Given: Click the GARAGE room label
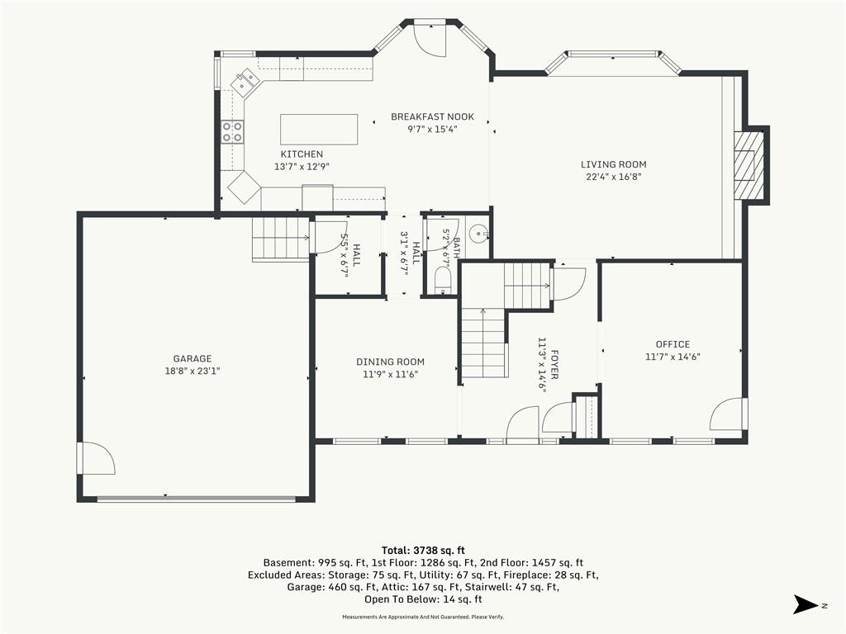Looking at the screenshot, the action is click(192, 358).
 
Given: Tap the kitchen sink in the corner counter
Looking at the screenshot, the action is click(244, 82).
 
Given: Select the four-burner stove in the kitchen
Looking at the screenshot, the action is click(232, 131).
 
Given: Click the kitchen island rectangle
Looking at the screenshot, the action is click(319, 129).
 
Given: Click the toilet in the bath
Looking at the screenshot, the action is click(443, 282).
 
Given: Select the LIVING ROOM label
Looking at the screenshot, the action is click(614, 164).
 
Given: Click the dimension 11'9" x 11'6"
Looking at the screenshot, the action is click(390, 374).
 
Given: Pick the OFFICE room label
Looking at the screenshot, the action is click(673, 344).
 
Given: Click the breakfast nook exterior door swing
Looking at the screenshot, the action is click(430, 40).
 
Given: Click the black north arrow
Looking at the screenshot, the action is click(806, 604).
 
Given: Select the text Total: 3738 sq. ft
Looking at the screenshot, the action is click(423, 551).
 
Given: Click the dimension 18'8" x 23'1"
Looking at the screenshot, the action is click(192, 371).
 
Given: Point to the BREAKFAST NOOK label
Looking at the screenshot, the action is click(433, 116).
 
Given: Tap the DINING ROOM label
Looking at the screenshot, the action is click(390, 362).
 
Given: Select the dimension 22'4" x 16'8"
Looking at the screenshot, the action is click(614, 177).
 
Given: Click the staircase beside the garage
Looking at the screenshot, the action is click(280, 239).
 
